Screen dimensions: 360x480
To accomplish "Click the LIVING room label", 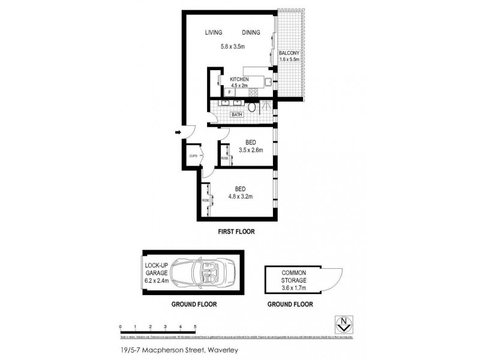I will pos(213,32).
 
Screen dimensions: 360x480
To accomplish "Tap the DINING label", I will pos(253,32).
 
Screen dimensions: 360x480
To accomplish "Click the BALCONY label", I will pos(289,53).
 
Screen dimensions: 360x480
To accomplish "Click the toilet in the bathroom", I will pos(253,108).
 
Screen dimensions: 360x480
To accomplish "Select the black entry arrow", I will pos(178,132).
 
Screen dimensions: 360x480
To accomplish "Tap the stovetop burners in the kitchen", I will pos(253,92).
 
